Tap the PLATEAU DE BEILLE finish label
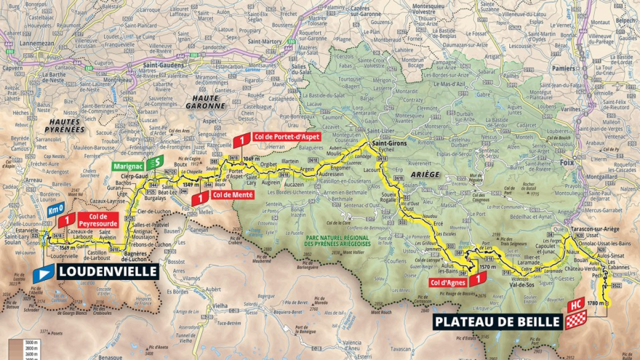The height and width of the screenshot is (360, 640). [498, 322]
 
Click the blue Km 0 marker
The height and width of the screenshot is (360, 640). [55, 209]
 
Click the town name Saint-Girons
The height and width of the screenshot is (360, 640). [389, 143]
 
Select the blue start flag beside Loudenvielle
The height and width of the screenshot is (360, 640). [44, 273]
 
